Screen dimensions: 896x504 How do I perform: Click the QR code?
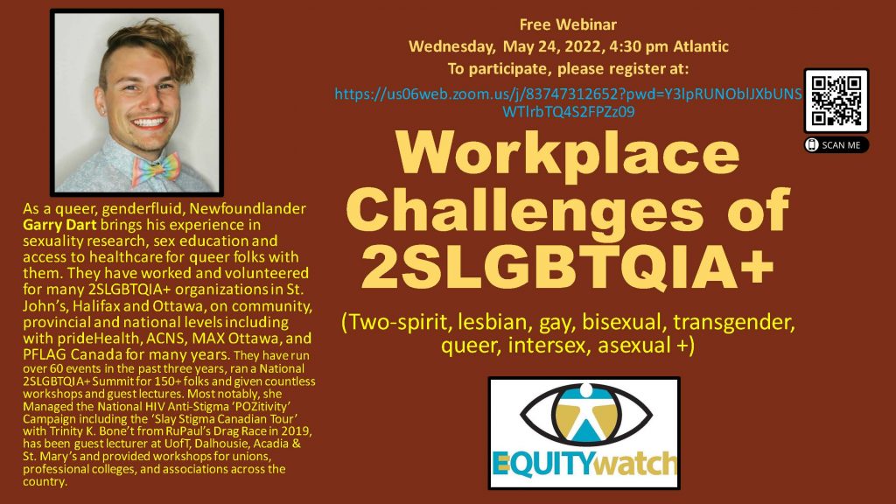[836, 101]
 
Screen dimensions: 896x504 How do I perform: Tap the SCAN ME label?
[841, 145]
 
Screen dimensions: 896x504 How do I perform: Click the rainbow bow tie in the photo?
[156, 169]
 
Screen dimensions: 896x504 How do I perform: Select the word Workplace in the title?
[568, 153]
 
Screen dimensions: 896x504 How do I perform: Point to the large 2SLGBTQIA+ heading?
[567, 265]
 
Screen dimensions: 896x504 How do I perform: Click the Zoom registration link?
[569, 102]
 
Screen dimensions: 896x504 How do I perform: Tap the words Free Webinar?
[568, 24]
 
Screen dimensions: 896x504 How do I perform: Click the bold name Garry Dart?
[59, 225]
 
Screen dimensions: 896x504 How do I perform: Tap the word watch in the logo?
[635, 464]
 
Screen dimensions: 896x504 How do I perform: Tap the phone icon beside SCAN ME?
[812, 145]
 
